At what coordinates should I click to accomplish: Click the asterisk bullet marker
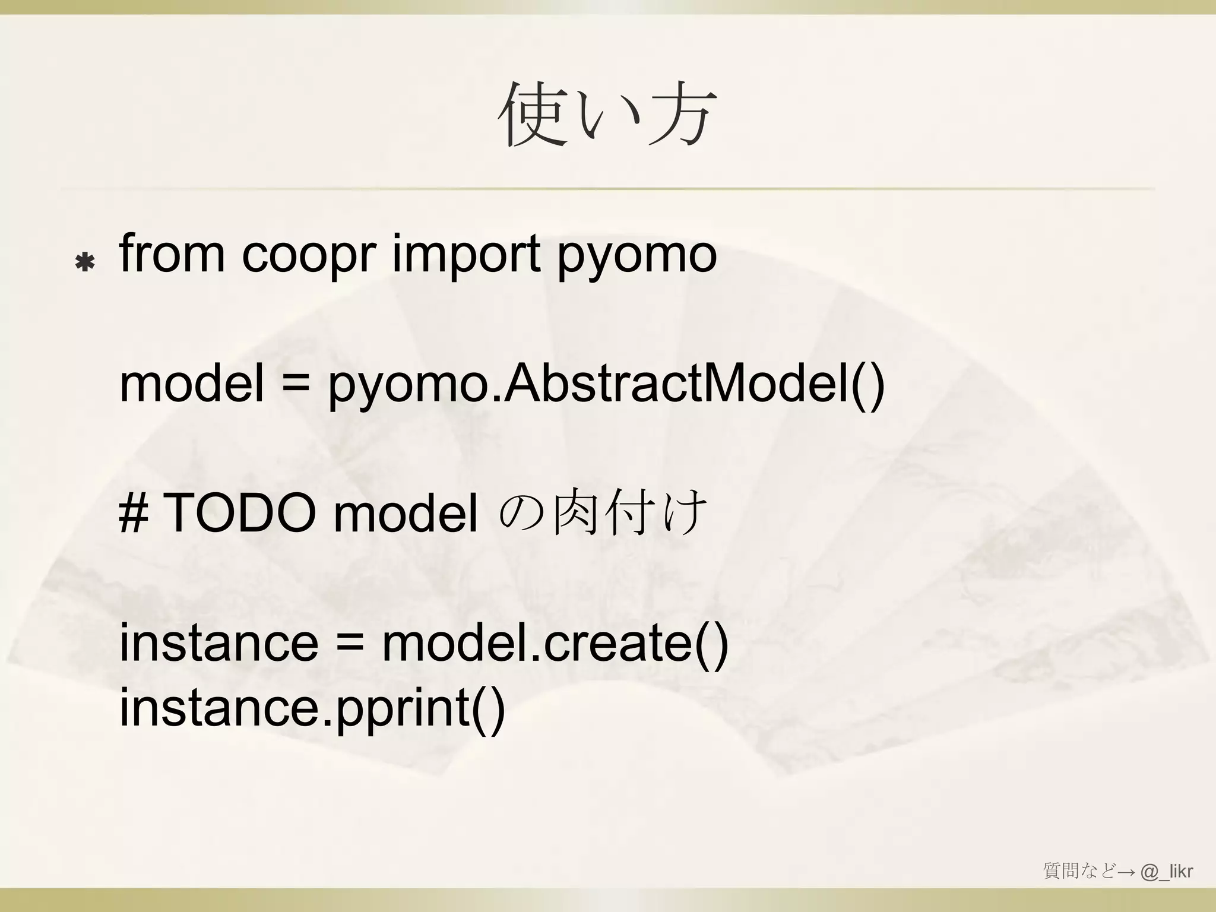85,262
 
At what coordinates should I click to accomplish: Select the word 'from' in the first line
172,255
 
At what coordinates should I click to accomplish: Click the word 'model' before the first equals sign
191,384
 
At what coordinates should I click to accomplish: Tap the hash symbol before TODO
134,514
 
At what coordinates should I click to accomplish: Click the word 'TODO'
239,514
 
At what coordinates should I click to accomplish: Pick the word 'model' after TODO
406,514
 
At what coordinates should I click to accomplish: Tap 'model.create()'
555,645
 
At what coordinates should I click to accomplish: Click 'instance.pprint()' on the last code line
312,709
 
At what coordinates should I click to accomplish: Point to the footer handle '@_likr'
1166,872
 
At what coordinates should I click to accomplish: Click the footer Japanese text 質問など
1080,872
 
